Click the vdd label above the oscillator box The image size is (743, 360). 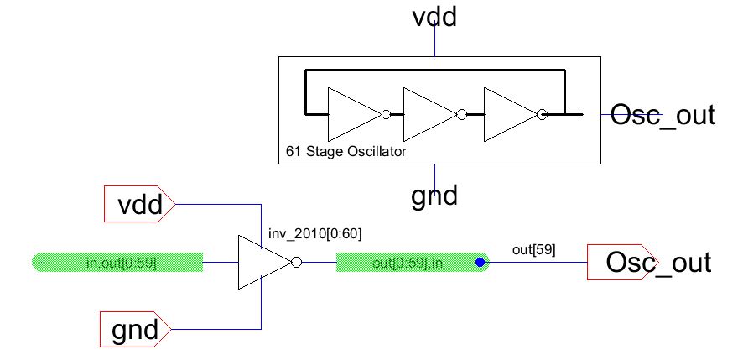click(x=434, y=17)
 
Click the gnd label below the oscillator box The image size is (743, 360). click(x=434, y=196)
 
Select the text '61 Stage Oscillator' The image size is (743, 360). click(x=346, y=153)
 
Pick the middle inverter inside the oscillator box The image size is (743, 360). click(x=427, y=114)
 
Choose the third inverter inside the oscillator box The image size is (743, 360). click(x=508, y=114)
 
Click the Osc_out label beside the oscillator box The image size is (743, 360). click(x=663, y=114)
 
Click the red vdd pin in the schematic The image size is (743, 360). click(x=138, y=203)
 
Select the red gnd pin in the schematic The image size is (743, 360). click(x=136, y=330)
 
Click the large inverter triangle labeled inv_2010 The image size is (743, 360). click(x=262, y=263)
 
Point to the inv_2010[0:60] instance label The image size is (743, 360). click(x=315, y=232)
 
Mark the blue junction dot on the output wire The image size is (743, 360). click(x=481, y=263)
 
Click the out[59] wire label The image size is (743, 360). click(x=533, y=248)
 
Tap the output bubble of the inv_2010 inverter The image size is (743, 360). click(x=295, y=263)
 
